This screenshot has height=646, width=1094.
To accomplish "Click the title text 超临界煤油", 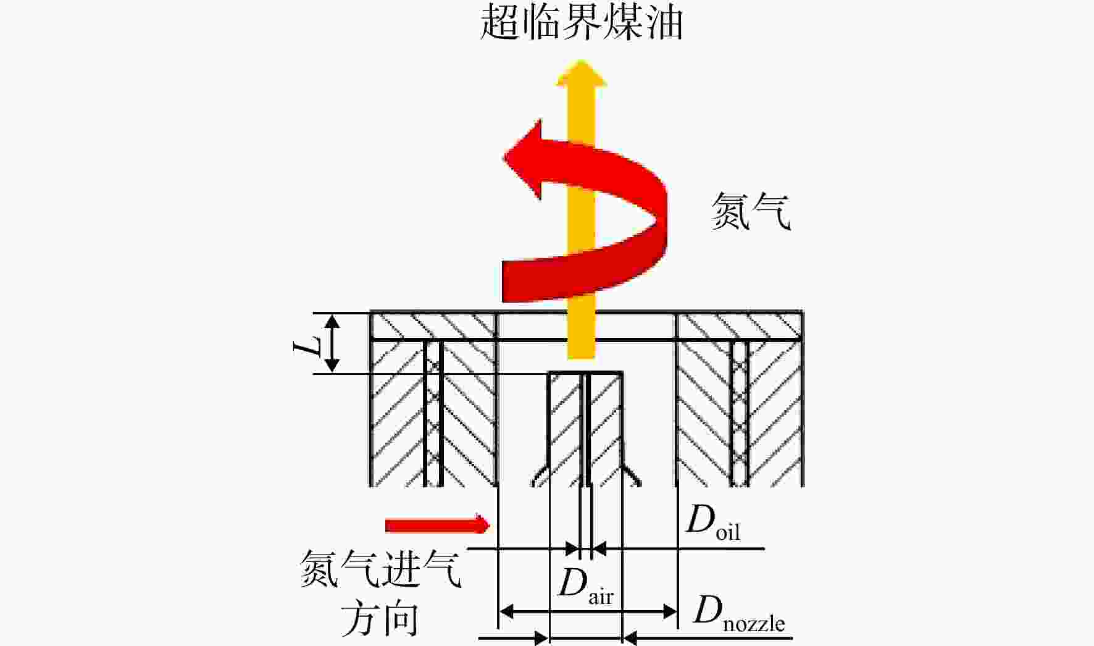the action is pyautogui.click(x=581, y=22).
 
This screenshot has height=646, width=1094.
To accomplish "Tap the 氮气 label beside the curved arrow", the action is pyautogui.click(x=751, y=211).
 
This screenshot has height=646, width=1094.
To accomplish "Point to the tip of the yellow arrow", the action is pyautogui.click(x=581, y=60).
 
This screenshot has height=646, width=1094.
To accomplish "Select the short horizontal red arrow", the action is pyautogui.click(x=437, y=525).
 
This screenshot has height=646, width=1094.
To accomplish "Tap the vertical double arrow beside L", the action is pyautogui.click(x=332, y=343).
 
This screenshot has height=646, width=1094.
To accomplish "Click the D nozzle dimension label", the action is pyautogui.click(x=739, y=614).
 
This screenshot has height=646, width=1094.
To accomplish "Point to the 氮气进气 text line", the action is pyautogui.click(x=380, y=568).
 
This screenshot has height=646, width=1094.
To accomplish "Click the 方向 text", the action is pyautogui.click(x=380, y=619).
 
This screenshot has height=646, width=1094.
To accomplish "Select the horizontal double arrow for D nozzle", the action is pyautogui.click(x=588, y=612).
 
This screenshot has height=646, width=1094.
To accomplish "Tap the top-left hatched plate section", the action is pyautogui.click(x=433, y=326).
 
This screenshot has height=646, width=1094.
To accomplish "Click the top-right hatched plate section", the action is pyautogui.click(x=740, y=326).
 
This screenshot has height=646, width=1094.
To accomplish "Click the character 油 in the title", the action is pyautogui.click(x=664, y=22).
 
